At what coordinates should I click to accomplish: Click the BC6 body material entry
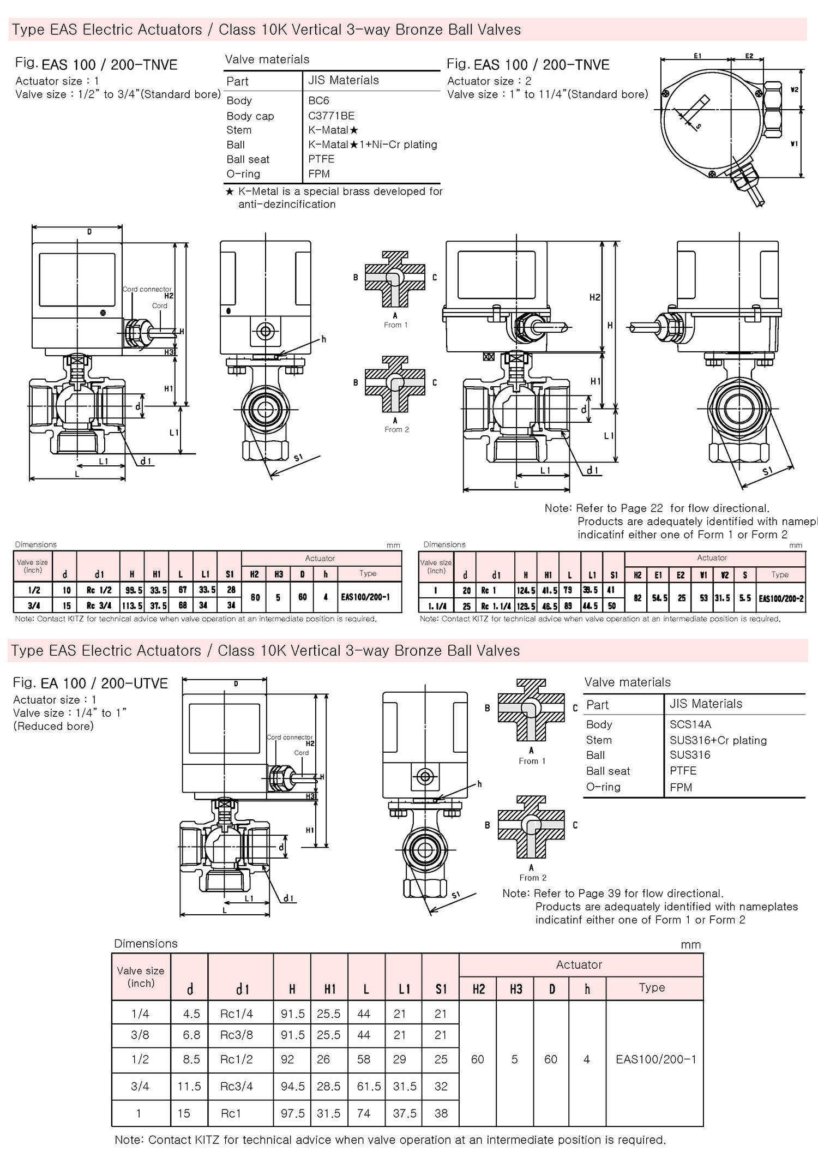pyautogui.click(x=318, y=101)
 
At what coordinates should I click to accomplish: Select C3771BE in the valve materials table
pyautogui.click(x=331, y=116)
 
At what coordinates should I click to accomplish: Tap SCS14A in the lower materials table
pyautogui.click(x=690, y=724)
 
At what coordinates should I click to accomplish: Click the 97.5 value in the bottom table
pyautogui.click(x=293, y=1113)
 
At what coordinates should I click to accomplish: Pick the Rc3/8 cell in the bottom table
pyautogui.click(x=237, y=1035)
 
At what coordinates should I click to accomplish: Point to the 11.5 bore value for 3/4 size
pyautogui.click(x=189, y=1086)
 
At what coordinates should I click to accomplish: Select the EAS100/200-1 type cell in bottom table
pyautogui.click(x=656, y=1059)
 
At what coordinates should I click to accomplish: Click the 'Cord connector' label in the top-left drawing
pyautogui.click(x=147, y=289)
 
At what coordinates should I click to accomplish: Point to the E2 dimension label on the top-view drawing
pyautogui.click(x=749, y=56)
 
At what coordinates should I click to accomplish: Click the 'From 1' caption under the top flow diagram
pyautogui.click(x=396, y=325)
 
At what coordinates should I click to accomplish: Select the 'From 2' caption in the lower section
pyautogui.click(x=533, y=878)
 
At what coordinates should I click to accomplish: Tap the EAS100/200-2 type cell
pyautogui.click(x=781, y=598)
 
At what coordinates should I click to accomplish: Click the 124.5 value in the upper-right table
pyautogui.click(x=526, y=590)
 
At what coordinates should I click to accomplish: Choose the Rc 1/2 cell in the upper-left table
pyautogui.click(x=99, y=590)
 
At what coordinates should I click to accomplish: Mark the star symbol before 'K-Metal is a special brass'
pyautogui.click(x=230, y=191)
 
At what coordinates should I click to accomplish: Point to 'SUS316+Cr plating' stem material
pyautogui.click(x=718, y=740)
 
